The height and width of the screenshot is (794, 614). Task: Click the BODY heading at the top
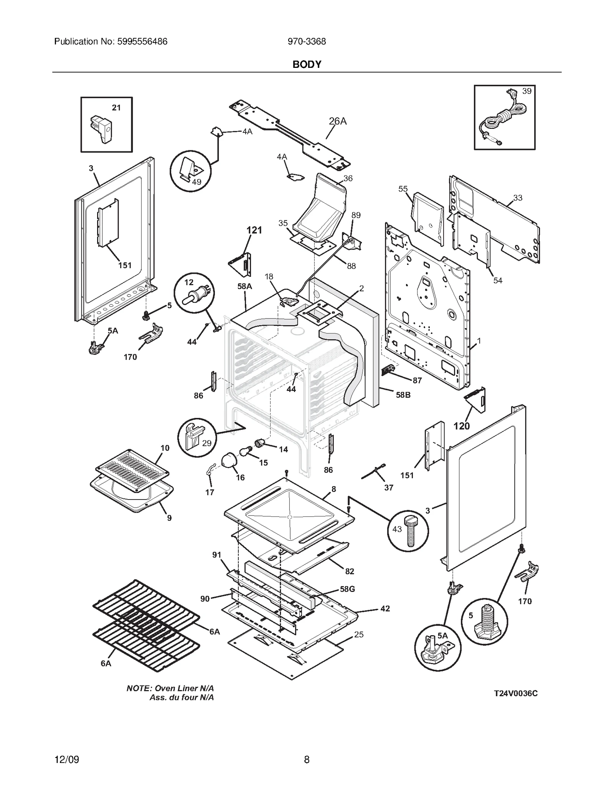(x=307, y=64)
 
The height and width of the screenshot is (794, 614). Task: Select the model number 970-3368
(x=307, y=41)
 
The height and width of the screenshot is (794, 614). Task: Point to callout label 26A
(x=338, y=121)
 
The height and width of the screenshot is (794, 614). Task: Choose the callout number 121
(x=254, y=230)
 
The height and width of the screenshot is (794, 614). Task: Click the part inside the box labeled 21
(x=101, y=128)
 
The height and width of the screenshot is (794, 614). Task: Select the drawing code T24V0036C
(x=515, y=693)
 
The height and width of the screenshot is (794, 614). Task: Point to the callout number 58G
(x=347, y=589)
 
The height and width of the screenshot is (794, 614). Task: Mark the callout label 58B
(x=403, y=395)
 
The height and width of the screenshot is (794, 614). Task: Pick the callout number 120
(x=461, y=426)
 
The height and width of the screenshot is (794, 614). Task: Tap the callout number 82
(x=349, y=571)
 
